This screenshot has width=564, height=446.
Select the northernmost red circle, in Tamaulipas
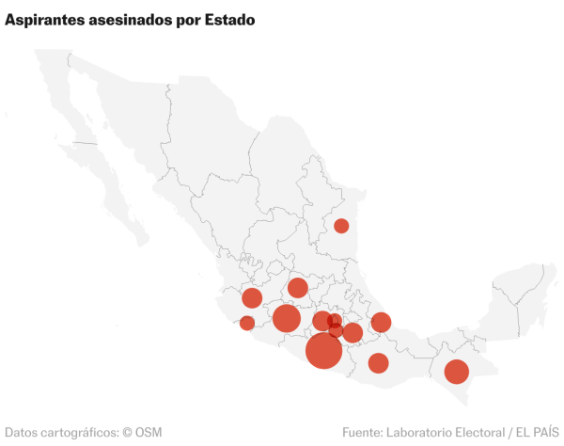(x=341, y=226)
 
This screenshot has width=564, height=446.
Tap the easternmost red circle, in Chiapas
(x=456, y=372)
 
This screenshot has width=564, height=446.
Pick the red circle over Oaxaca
(x=378, y=362)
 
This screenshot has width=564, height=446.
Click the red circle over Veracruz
(x=381, y=323)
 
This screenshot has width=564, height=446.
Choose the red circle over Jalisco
(x=252, y=298)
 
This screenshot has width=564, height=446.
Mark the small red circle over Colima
(x=247, y=324)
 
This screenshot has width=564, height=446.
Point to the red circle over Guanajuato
(x=298, y=288)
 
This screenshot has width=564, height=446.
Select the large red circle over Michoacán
(x=287, y=318)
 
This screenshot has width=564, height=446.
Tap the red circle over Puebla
(x=352, y=332)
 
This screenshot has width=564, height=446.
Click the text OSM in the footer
(x=149, y=433)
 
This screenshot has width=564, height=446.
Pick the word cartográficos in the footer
(x=77, y=433)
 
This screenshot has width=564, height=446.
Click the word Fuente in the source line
(x=364, y=433)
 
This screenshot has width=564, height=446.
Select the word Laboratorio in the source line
(x=429, y=433)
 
